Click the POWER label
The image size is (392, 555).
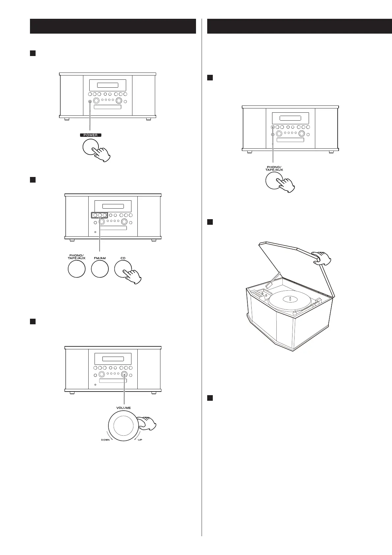(x=91, y=135)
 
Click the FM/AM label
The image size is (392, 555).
(x=100, y=258)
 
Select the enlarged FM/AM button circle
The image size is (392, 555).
(x=100, y=269)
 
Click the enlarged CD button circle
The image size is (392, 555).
(x=123, y=269)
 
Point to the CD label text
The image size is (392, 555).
(x=123, y=258)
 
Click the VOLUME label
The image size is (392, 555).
(x=124, y=408)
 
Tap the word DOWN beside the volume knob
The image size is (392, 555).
(x=105, y=440)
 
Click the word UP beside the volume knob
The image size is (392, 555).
(x=140, y=440)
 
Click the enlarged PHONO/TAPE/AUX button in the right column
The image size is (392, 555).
(x=274, y=181)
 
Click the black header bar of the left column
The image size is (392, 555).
(x=113, y=26)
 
